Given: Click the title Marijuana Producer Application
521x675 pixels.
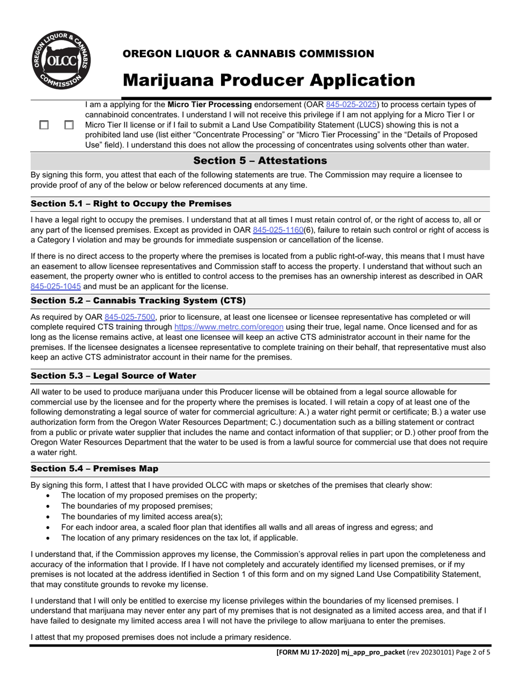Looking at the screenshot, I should point(269,80).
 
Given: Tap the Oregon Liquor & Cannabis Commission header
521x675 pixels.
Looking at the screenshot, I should point(248,54).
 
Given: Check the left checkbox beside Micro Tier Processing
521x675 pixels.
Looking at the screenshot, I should point(44,125).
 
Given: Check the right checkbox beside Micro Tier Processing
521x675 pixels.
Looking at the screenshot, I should point(69,125).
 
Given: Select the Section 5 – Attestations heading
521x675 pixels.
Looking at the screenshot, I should point(260,161).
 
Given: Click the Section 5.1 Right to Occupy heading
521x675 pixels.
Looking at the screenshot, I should point(131,204).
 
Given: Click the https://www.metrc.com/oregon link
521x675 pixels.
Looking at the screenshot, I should point(229,327).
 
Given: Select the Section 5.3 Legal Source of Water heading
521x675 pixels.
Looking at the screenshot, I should point(113,376).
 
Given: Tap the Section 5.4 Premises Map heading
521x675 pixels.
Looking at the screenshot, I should point(95,469).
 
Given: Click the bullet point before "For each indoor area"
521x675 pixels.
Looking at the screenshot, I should point(50,527).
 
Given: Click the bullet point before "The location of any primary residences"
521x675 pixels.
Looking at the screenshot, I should point(50,538).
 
